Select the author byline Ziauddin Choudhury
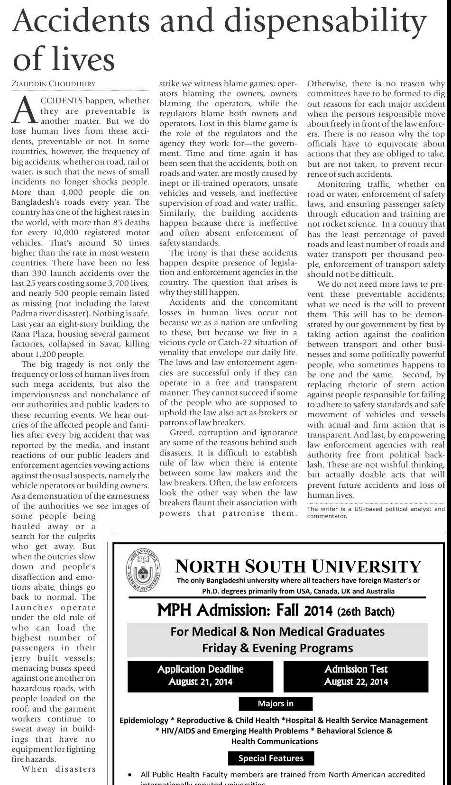(53, 84)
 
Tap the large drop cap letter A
(24, 111)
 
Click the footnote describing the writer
(376, 512)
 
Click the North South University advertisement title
(298, 566)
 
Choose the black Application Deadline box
(200, 675)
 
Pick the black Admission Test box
(356, 675)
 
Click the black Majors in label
(276, 703)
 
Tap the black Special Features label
(271, 758)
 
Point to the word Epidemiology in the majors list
(144, 720)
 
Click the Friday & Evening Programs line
(277, 648)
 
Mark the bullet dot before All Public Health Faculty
(130, 775)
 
